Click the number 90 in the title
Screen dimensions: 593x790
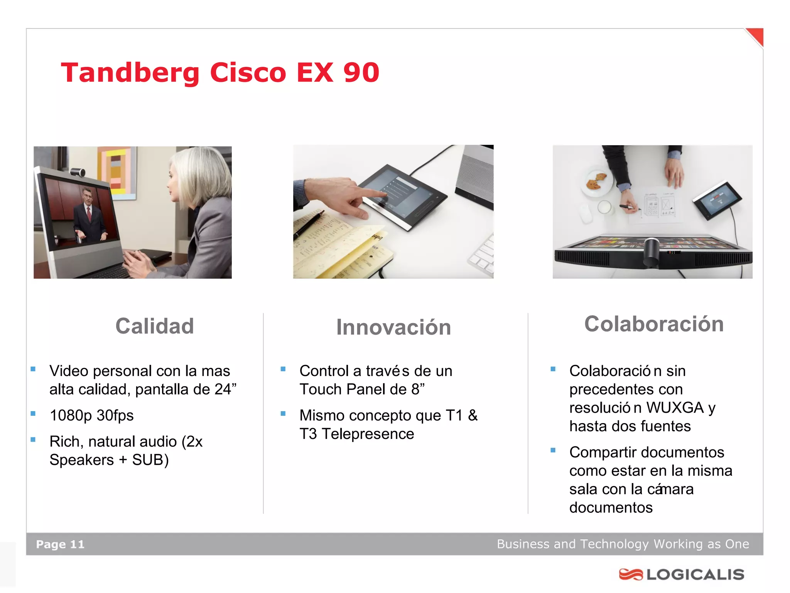click(x=361, y=73)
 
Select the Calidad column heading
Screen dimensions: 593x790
click(x=155, y=326)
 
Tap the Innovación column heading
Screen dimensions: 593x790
click(x=393, y=327)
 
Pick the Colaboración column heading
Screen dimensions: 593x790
click(x=654, y=324)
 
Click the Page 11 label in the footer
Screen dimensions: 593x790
click(x=60, y=544)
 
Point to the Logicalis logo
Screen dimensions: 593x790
click(x=682, y=574)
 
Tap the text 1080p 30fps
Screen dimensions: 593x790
click(x=91, y=415)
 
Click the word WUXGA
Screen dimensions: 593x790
click(x=675, y=408)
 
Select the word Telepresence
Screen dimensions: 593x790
click(x=368, y=434)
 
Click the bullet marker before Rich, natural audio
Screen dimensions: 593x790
click(x=33, y=439)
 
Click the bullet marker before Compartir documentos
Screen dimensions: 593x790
click(x=553, y=450)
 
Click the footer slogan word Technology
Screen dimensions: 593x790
click(x=614, y=544)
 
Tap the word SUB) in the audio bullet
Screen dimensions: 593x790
click(x=150, y=460)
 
